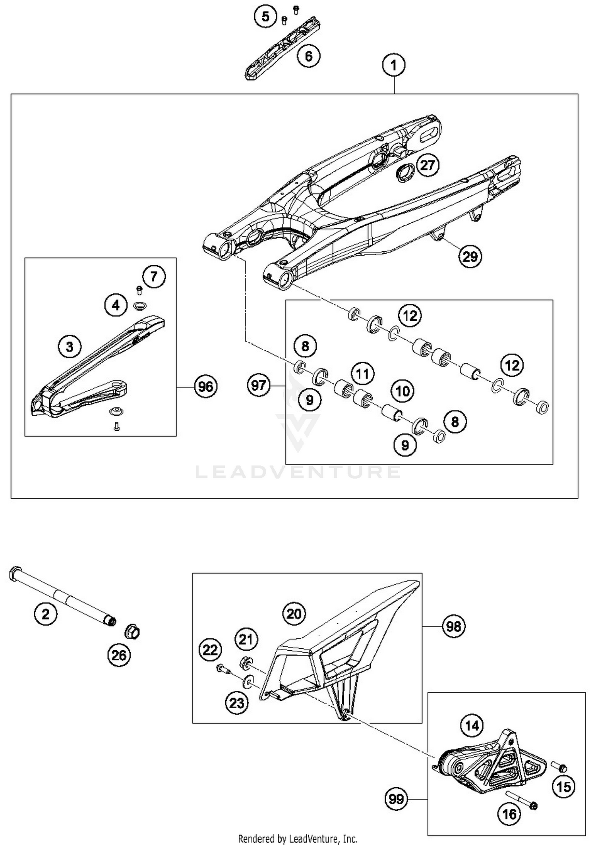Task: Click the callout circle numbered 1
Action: pos(394,65)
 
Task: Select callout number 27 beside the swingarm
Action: pos(428,165)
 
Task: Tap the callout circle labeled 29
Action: pos(470,256)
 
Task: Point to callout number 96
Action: pos(206,386)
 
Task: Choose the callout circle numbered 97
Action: pos(259,385)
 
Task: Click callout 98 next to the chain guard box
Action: pos(454,626)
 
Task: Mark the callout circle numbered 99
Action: pos(397,798)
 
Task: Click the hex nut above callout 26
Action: pos(132,632)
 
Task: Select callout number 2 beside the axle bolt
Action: pos(46,614)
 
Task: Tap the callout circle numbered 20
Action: pos(294,614)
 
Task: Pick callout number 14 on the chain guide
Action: pos(472,726)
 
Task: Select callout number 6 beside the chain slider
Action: pos(309,56)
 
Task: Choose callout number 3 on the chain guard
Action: pos(70,347)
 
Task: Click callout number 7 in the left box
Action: pos(154,276)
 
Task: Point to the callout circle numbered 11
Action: pos(362,374)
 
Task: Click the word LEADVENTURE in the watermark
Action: pos(298,472)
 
